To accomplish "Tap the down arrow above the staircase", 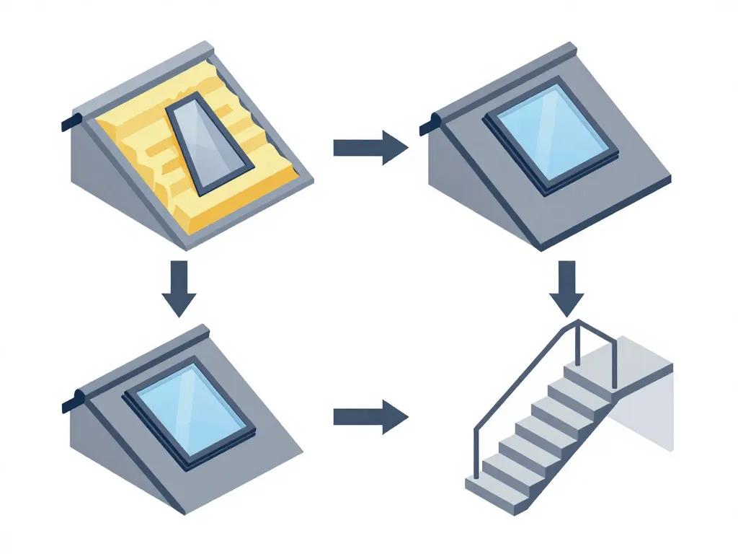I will coord(567,289).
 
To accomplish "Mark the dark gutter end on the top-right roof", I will coord(427,126).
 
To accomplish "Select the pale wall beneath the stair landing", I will coord(652,411).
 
